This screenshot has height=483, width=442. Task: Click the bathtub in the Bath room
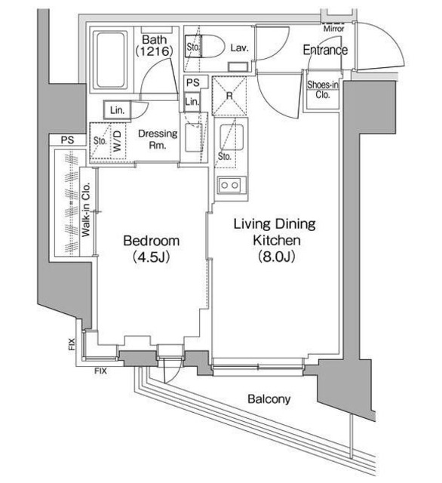(x=111, y=60)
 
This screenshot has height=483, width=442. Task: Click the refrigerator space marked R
(x=229, y=95)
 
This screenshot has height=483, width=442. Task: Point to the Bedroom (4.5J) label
(x=151, y=248)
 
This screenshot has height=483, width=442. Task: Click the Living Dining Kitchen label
(x=275, y=239)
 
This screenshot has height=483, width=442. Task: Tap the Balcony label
(x=269, y=399)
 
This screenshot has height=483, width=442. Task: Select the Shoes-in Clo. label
(x=323, y=89)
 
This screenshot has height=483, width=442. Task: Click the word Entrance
(x=325, y=50)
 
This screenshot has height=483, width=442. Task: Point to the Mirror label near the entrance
(x=333, y=29)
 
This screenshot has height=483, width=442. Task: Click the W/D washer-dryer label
(x=118, y=141)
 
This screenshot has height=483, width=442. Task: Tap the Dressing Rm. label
(x=158, y=139)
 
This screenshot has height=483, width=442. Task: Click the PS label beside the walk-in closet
(x=67, y=140)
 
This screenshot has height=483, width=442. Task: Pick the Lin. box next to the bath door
(x=117, y=110)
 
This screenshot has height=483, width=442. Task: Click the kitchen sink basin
(x=232, y=137)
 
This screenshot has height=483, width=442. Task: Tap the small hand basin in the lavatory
(x=238, y=67)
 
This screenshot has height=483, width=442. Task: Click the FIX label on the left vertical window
(x=72, y=344)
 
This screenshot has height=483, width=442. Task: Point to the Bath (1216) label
(x=154, y=45)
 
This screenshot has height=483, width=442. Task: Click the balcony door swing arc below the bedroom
(x=173, y=373)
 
